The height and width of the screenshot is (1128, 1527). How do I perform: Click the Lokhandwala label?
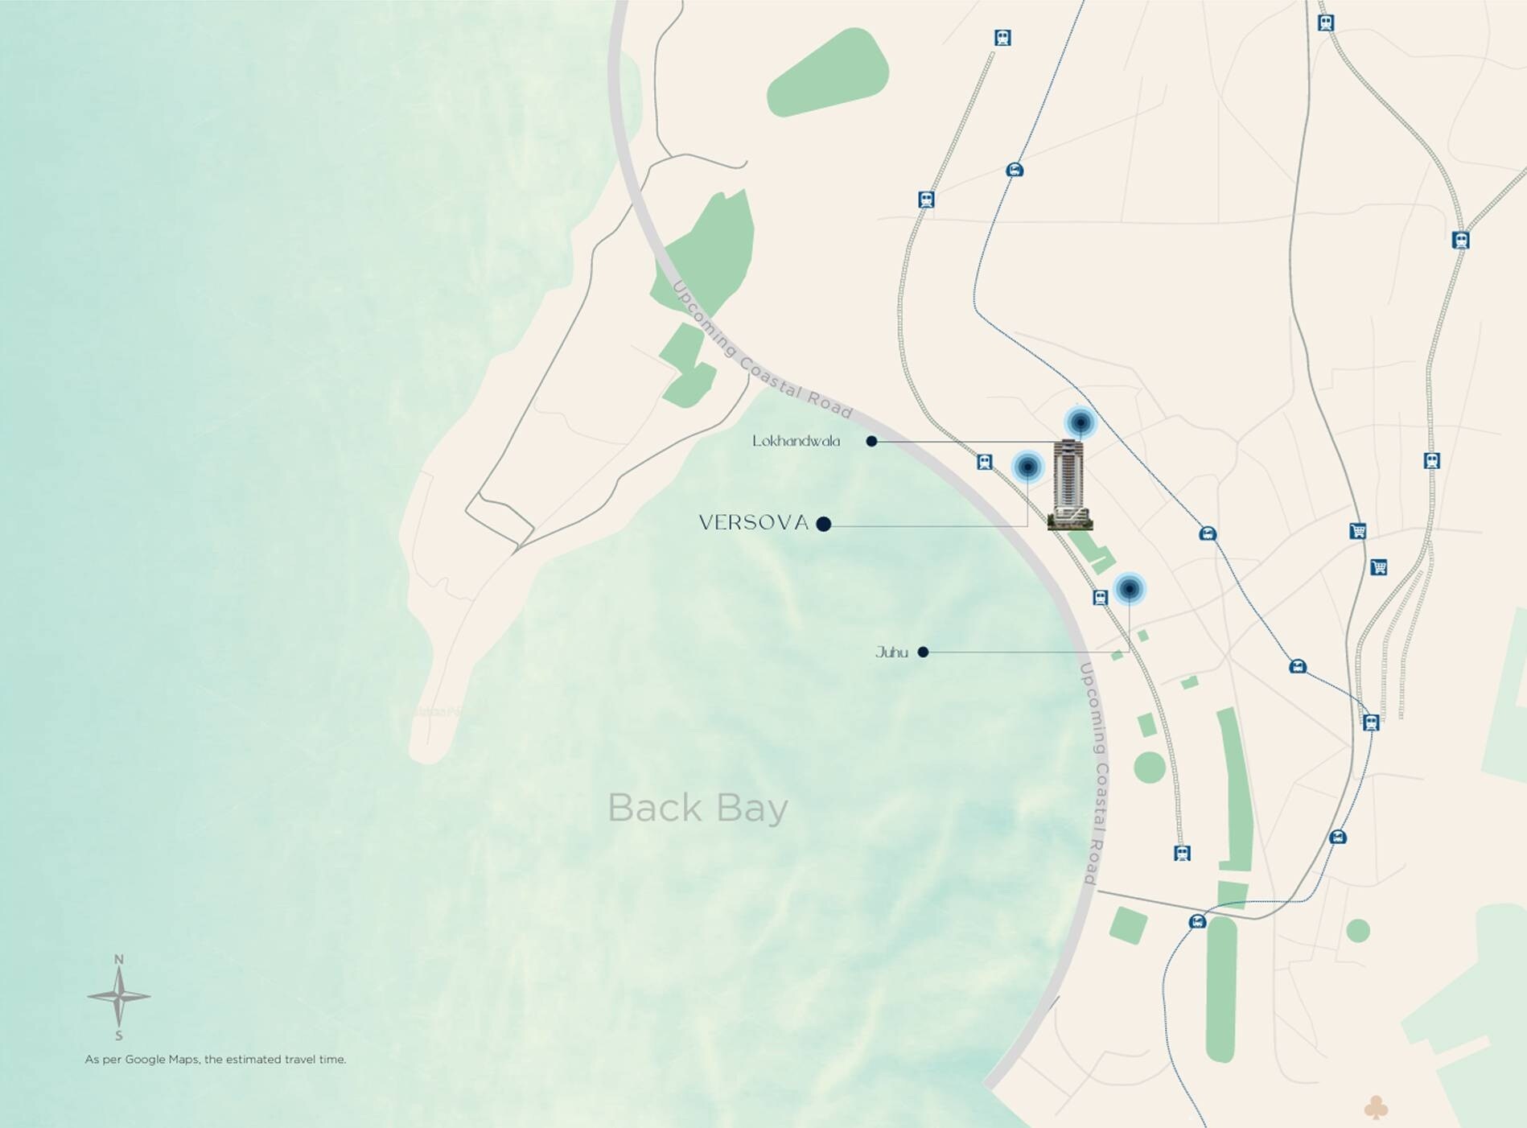coord(796,441)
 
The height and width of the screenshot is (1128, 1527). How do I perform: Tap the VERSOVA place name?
coord(753,523)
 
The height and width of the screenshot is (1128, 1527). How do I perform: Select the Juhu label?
coord(891,653)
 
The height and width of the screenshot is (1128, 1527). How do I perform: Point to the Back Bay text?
coord(698,808)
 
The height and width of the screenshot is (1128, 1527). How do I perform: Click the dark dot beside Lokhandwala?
coord(871,441)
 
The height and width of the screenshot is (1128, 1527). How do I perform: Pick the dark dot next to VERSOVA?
coord(823,524)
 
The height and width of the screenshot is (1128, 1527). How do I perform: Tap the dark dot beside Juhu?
coord(923,652)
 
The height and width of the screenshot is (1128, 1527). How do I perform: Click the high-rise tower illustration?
coord(1070,484)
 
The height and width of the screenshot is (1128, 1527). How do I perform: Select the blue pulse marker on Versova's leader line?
coord(1027,466)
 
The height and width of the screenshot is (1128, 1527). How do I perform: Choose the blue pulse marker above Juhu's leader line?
coord(1129,589)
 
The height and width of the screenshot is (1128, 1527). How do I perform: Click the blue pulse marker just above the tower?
coord(1080,422)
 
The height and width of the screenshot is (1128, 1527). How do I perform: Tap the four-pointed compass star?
coord(119,996)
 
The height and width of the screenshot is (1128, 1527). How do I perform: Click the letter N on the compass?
coord(119,959)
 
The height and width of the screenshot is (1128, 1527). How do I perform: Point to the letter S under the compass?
coord(119,1035)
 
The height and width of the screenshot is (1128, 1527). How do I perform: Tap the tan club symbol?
coord(1376,1108)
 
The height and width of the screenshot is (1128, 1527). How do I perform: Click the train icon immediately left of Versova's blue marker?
coord(985,462)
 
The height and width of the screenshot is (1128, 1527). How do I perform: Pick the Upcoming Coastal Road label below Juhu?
coord(1097,774)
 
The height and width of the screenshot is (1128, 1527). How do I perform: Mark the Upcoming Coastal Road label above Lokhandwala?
coord(760,352)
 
